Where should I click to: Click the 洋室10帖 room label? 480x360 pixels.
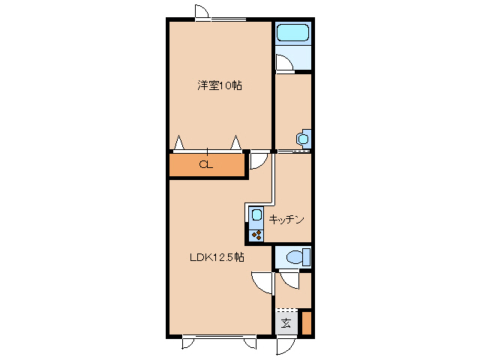(220, 85)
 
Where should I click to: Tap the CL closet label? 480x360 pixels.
(205, 165)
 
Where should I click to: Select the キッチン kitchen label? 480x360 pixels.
(286, 220)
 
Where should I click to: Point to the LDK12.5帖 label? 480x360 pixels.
(216, 257)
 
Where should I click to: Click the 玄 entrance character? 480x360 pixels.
(286, 324)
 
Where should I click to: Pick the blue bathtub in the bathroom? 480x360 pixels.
(292, 34)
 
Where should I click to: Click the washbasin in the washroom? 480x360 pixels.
(303, 139)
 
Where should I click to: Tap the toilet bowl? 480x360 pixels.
(295, 257)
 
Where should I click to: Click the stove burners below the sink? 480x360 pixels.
(255, 235)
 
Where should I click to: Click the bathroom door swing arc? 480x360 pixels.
(284, 64)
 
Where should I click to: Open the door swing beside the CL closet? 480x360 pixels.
(258, 160)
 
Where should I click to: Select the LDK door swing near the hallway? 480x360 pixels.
(262, 282)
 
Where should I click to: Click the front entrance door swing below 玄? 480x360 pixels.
(286, 346)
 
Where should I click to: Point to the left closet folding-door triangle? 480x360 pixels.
(179, 142)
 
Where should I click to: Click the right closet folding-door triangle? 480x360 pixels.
(235, 142)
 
